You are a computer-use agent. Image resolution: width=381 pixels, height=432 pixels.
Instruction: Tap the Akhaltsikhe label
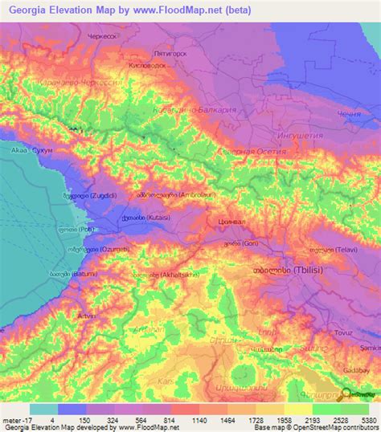(170, 275)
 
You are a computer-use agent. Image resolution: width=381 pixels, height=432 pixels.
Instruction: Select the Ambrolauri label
(173, 194)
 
